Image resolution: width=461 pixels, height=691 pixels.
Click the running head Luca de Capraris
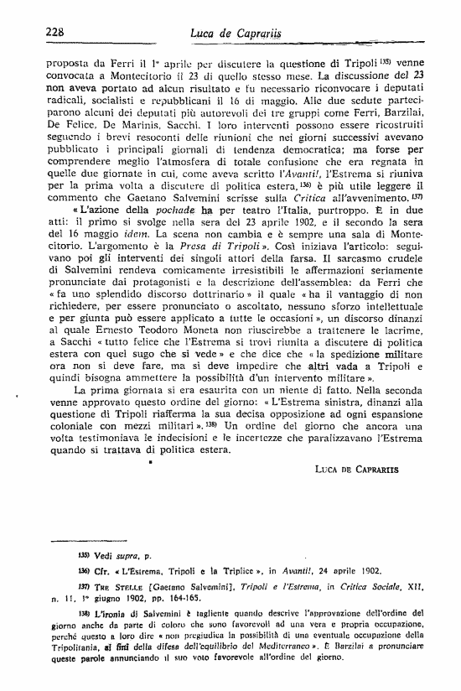click(x=236, y=33)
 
